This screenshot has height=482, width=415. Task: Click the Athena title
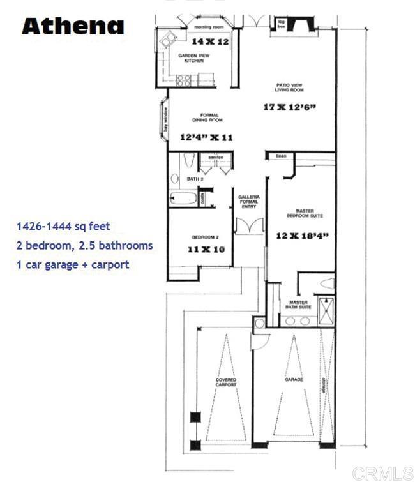coord(73,26)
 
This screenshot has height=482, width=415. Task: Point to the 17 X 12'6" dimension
coord(290,107)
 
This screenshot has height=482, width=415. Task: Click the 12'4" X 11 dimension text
coord(206,137)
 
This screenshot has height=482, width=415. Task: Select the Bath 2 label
coord(195,179)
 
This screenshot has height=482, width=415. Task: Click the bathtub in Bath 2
coord(184,198)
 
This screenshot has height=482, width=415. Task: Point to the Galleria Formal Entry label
coord(248,202)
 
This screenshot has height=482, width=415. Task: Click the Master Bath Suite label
coord(299,305)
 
